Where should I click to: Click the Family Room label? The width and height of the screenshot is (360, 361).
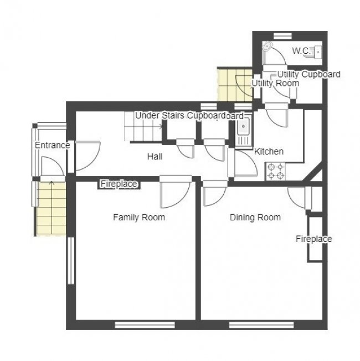[x=138, y=218]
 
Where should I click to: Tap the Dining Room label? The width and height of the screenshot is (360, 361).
[x=255, y=218]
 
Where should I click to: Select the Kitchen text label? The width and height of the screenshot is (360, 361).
[x=269, y=151]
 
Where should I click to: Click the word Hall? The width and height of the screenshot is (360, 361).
[x=155, y=157]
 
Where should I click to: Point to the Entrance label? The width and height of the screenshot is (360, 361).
[x=52, y=145]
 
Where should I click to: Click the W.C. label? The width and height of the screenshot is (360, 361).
[x=301, y=51]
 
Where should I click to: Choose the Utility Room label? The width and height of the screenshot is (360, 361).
[x=275, y=83]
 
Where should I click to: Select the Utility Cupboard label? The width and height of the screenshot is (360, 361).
[x=308, y=74]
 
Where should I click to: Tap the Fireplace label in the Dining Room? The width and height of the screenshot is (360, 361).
[x=313, y=239]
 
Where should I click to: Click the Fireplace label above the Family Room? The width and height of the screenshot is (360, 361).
[x=119, y=184]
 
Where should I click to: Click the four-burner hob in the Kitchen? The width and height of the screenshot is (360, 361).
[x=275, y=171]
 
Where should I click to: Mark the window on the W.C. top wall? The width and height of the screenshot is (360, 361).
[x=283, y=35]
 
